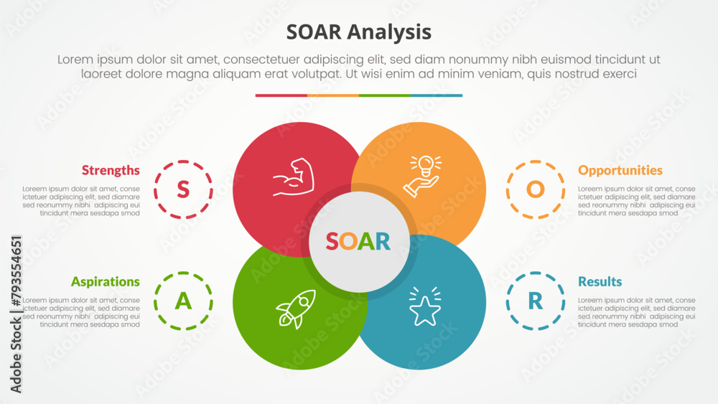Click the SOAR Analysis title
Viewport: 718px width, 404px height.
[x=358, y=32]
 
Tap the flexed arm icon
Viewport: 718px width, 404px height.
[x=294, y=177]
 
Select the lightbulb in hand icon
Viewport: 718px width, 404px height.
[x=423, y=176]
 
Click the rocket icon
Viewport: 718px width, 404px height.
[x=296, y=309]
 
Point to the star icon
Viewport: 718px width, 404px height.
[x=425, y=306]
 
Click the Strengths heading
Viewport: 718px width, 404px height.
[x=111, y=170]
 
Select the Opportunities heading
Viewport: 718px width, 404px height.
[x=620, y=170]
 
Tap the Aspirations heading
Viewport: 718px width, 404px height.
[x=106, y=281]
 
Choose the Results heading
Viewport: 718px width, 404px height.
[x=600, y=281]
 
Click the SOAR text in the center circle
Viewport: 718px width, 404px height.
[x=358, y=241]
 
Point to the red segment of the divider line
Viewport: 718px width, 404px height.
[x=281, y=95]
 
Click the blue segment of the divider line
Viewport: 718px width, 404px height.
[x=437, y=95]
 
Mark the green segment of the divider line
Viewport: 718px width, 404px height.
[x=385, y=95]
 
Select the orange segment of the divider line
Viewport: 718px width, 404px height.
[x=333, y=95]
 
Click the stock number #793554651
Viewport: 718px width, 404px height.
[x=16, y=271]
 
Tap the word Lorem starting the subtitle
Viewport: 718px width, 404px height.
[x=76, y=60]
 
